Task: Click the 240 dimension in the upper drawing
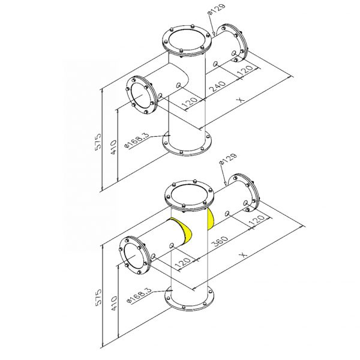click(218, 86)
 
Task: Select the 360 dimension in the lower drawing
click(220, 241)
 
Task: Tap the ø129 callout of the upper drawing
click(216, 10)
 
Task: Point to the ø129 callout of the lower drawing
click(228, 159)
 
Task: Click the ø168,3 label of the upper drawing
click(136, 140)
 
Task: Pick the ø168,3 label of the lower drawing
click(139, 295)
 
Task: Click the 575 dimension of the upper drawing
click(98, 142)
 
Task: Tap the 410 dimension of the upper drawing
click(113, 148)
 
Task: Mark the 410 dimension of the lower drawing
click(113, 304)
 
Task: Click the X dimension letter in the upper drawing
click(241, 100)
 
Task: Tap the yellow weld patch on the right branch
click(210, 219)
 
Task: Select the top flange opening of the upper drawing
click(187, 40)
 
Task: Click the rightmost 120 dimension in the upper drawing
click(245, 70)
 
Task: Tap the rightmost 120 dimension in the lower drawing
click(257, 220)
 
